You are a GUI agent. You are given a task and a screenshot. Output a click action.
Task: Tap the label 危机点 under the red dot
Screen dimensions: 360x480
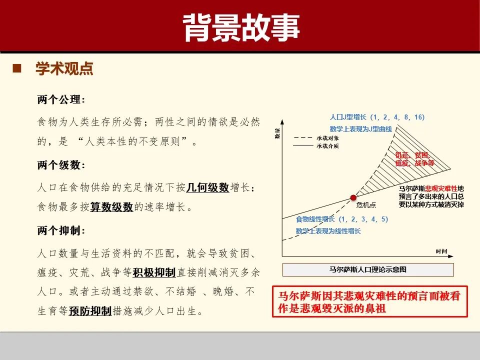click(x=365, y=205)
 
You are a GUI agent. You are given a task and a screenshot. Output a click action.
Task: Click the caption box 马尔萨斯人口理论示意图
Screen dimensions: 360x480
click(x=368, y=269)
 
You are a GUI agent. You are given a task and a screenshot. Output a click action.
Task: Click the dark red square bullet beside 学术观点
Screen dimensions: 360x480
click(x=16, y=68)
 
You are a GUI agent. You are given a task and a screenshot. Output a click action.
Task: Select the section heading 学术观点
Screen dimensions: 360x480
click(x=64, y=69)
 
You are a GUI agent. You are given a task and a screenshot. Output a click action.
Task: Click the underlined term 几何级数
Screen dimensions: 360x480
click(x=207, y=187)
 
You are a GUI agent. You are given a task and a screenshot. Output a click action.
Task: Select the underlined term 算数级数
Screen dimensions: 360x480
click(x=111, y=207)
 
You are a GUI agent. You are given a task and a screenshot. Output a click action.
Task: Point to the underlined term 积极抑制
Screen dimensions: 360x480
click(x=154, y=272)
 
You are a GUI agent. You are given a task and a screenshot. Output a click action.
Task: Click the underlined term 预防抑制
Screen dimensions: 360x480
click(x=90, y=311)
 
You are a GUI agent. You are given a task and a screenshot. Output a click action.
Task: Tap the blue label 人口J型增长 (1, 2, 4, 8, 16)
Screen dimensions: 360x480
click(x=377, y=117)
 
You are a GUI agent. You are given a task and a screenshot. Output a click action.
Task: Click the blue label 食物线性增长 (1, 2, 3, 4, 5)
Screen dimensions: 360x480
click(x=341, y=219)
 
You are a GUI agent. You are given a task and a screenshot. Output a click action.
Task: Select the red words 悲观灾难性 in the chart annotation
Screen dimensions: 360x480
click(x=441, y=188)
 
